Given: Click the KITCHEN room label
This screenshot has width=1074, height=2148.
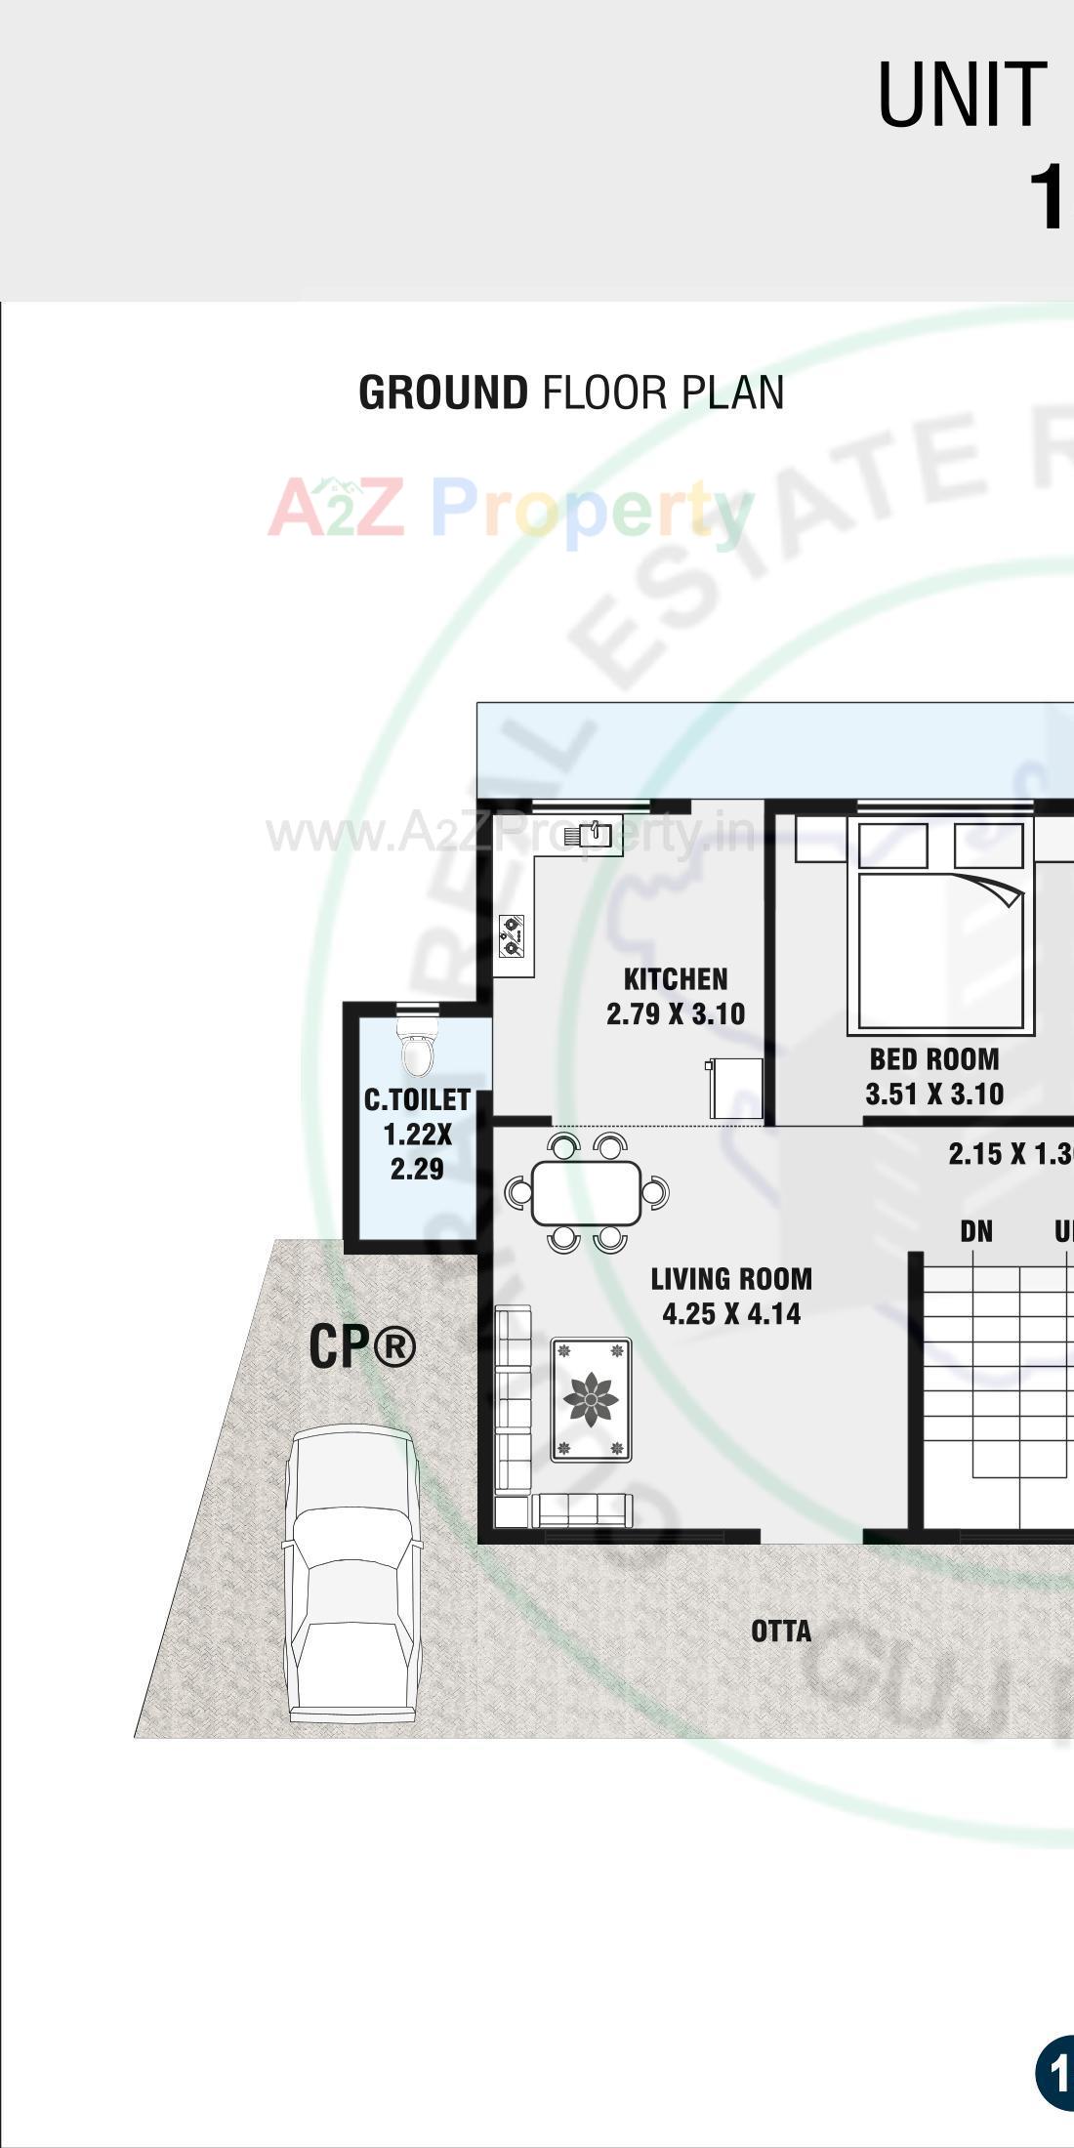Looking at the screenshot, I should [x=675, y=979].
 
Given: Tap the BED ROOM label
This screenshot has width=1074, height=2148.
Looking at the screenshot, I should [x=934, y=1059].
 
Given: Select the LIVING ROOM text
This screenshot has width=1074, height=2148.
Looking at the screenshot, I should [x=731, y=1279].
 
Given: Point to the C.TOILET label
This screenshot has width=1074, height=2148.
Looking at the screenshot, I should [x=418, y=1100].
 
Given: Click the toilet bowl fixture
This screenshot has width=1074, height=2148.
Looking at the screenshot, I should [x=417, y=1051].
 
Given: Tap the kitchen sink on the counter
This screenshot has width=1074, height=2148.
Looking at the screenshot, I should [x=595, y=835].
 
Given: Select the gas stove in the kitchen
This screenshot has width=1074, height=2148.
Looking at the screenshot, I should [x=512, y=934].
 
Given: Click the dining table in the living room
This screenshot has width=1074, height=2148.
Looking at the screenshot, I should [x=586, y=1192].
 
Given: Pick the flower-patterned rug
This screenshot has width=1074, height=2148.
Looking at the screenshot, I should [x=591, y=1399].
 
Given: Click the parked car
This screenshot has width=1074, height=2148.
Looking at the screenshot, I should [x=351, y=1572].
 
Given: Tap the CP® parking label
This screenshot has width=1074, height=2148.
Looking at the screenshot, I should [x=362, y=1346].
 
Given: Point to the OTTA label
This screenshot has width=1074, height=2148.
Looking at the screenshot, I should [x=781, y=1632].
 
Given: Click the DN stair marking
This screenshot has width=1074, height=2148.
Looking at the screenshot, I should [x=976, y=1231].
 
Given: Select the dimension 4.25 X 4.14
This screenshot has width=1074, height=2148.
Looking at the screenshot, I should [x=731, y=1314].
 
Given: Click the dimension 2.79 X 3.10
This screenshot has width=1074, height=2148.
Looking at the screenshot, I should [x=675, y=1014].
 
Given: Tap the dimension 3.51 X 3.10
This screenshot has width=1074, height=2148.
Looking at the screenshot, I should [x=934, y=1095].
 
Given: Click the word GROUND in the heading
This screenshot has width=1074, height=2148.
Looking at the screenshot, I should [x=443, y=392].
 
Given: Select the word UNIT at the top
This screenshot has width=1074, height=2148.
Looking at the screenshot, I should [x=962, y=95].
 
